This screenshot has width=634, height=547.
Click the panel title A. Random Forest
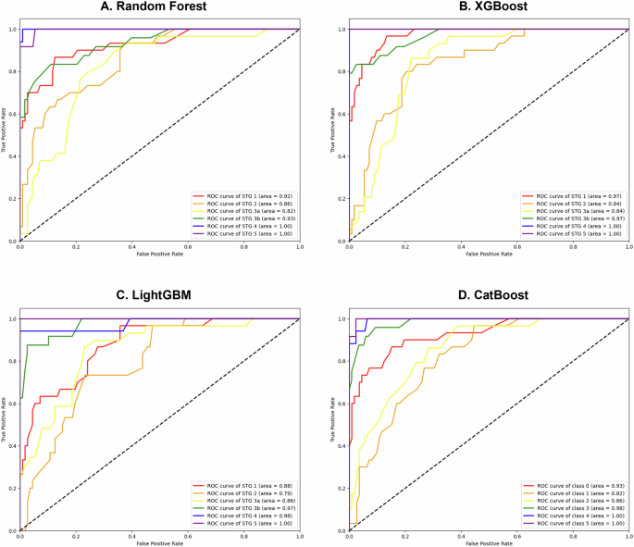pyautogui.click(x=159, y=8)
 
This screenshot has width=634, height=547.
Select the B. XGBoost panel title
pyautogui.click(x=489, y=8)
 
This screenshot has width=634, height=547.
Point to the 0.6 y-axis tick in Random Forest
pyautogui.click(x=12, y=114)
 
